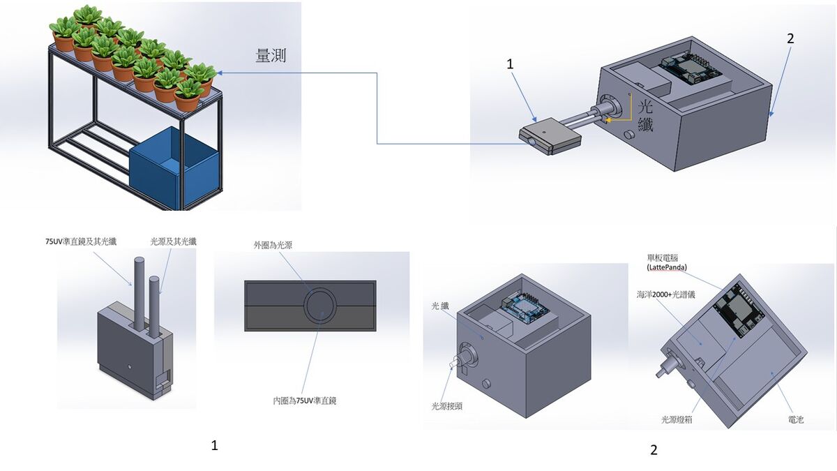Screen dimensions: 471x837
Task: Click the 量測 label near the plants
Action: click(271, 57)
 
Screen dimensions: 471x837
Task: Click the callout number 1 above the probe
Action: click(510, 63)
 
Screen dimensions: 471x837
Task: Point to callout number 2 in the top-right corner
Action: click(790, 39)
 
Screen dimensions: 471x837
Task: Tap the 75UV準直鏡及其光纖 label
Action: click(77, 241)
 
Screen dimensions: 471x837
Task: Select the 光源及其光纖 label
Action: click(173, 241)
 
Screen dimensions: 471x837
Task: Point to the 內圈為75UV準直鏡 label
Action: click(305, 401)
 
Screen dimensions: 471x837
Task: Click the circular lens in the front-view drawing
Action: click(319, 305)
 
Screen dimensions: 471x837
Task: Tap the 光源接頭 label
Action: click(446, 405)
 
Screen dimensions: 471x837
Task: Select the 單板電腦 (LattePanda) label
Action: click(667, 262)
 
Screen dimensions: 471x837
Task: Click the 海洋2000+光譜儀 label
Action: click(666, 294)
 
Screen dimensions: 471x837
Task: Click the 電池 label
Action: click(795, 420)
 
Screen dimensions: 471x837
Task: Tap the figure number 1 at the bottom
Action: click(214, 445)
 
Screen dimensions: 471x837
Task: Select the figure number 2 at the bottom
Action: click(654, 450)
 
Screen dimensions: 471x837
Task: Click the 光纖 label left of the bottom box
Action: click(440, 306)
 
